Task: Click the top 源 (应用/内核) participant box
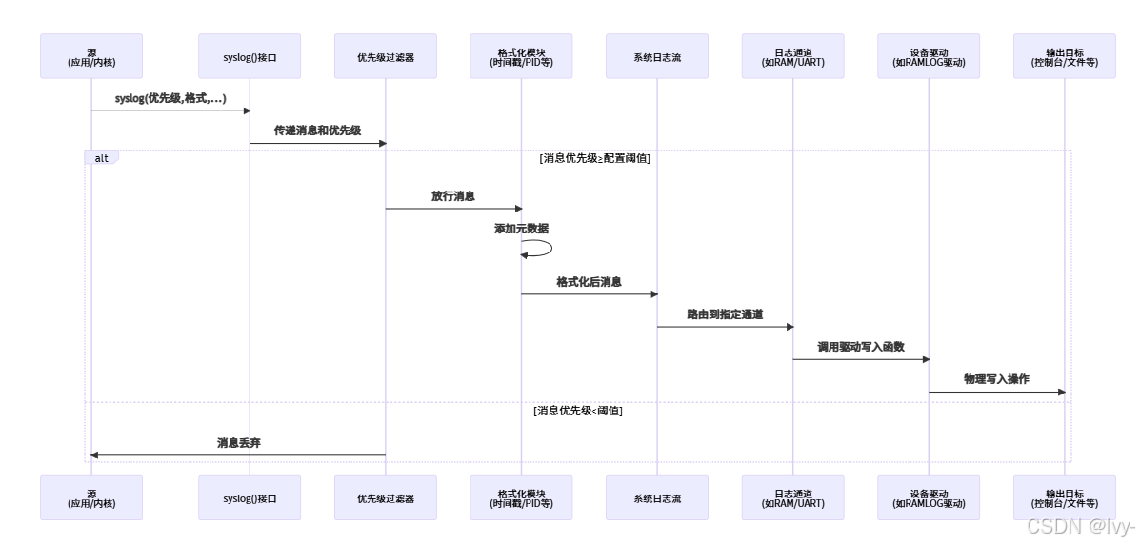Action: click(x=91, y=56)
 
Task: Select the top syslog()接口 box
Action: click(x=250, y=56)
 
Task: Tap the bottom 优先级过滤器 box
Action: click(x=386, y=497)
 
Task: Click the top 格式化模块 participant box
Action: click(x=521, y=56)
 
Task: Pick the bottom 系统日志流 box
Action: click(x=657, y=497)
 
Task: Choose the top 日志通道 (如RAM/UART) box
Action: click(x=793, y=56)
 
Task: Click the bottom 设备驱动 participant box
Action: click(x=929, y=497)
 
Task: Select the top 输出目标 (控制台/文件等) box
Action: click(x=1065, y=56)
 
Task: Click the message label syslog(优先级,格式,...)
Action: click(x=170, y=98)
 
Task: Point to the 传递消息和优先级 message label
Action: click(x=317, y=131)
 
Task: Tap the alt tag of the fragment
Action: click(x=101, y=157)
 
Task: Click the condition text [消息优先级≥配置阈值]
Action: click(x=594, y=158)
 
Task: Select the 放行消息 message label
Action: click(x=453, y=196)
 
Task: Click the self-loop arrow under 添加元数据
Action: click(x=539, y=248)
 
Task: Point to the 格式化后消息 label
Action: click(x=589, y=282)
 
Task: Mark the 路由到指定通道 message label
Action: click(x=725, y=314)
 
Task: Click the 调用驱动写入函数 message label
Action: click(x=861, y=347)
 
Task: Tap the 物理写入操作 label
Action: click(x=996, y=379)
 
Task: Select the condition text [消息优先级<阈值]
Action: click(x=578, y=411)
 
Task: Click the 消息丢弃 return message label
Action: click(x=238, y=443)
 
